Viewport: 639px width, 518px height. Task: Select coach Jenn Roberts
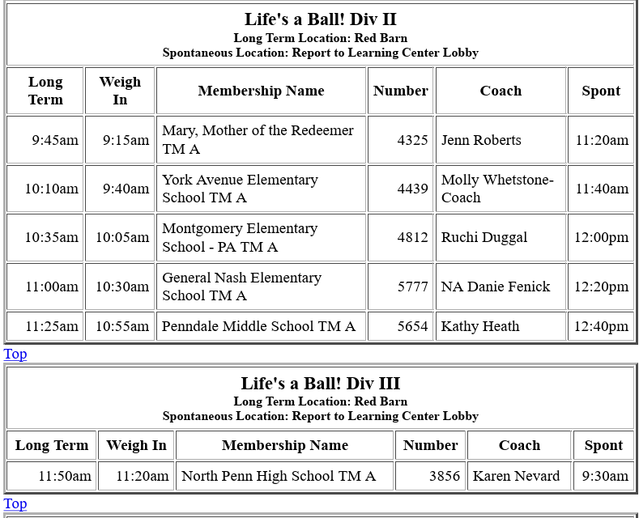tap(481, 140)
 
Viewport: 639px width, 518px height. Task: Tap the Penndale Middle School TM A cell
tap(258, 326)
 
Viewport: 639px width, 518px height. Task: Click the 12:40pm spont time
tap(601, 326)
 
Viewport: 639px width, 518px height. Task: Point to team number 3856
tap(444, 476)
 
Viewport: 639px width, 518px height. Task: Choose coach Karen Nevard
tap(516, 476)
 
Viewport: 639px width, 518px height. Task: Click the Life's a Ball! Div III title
tap(320, 383)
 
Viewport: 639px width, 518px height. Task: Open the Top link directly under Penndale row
tap(15, 354)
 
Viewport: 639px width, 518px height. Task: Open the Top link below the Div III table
tap(15, 503)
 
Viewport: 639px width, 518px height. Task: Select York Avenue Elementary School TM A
tap(240, 189)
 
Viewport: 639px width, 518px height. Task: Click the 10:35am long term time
tap(52, 237)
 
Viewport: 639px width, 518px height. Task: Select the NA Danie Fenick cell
tap(495, 286)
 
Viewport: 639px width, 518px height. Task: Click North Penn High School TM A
tap(278, 476)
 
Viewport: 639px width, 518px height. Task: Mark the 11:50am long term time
tap(65, 476)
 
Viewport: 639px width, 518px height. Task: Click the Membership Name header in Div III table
tap(284, 445)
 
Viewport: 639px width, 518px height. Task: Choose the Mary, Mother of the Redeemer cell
tap(258, 139)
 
